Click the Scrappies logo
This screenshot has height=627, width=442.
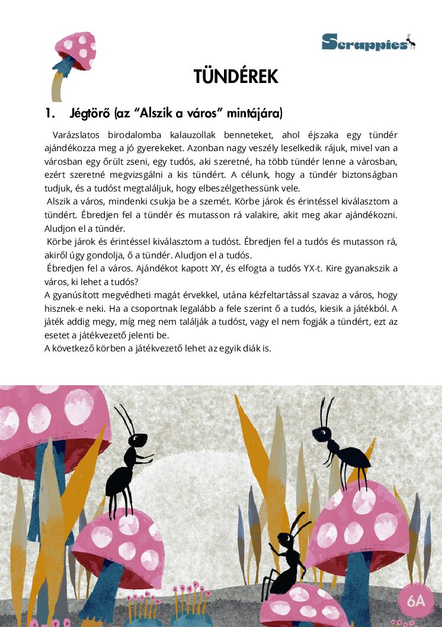[368, 43]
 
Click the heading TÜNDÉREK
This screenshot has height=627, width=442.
[236, 76]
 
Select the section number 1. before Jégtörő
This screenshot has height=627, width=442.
[50, 113]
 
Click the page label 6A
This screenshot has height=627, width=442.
[416, 600]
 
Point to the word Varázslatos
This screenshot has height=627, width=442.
[75, 135]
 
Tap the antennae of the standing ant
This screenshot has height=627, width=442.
[126, 418]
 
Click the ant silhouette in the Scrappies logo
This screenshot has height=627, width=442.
[411, 41]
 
